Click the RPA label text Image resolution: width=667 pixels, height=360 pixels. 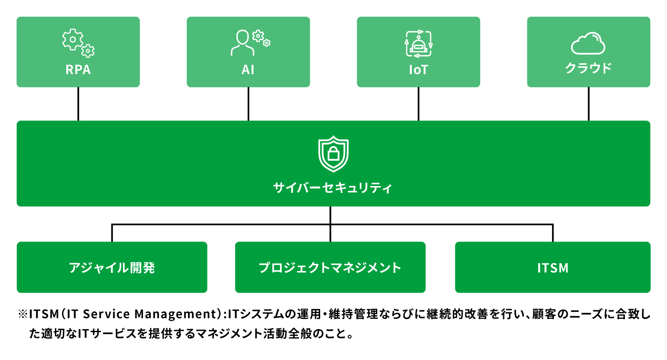tap(78, 70)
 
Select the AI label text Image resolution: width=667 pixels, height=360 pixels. tap(248, 70)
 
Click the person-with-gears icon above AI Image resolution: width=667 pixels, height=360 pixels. tap(251, 43)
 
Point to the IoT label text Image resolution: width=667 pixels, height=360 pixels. tap(419, 70)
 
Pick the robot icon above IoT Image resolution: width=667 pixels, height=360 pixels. tap(419, 43)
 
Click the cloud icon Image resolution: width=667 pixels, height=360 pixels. tap(588, 43)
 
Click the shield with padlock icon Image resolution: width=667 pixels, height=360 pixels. tap(333, 154)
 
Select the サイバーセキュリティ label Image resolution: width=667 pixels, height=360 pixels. tap(333, 188)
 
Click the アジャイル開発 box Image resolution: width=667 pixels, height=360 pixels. tap(112, 267)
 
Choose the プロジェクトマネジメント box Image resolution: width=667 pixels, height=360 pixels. tap(330, 267)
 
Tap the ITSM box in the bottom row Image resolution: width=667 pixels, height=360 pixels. tap(553, 267)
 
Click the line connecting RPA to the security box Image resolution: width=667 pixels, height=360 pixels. tap(78, 104)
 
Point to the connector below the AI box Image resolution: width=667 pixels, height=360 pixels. tap(248, 104)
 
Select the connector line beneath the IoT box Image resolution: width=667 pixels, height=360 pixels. tap(419, 104)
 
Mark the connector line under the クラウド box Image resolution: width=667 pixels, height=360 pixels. tap(589, 104)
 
